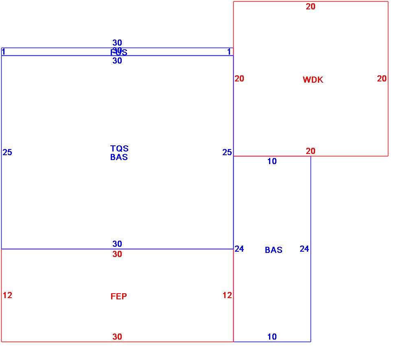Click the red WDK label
click(x=313, y=80)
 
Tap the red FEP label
click(x=118, y=296)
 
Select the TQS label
click(x=119, y=149)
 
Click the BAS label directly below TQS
click(x=119, y=157)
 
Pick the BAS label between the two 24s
click(x=274, y=250)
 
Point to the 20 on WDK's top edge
click(x=311, y=7)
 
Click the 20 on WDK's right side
click(x=381, y=79)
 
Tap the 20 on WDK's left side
click(x=239, y=79)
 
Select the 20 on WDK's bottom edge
click(x=311, y=151)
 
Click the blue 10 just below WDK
click(x=272, y=161)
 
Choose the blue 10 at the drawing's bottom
click(x=272, y=337)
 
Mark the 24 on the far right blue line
click(x=304, y=249)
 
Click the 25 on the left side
click(x=7, y=152)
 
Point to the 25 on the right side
click(x=227, y=152)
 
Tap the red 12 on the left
click(x=7, y=295)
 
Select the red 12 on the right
click(x=227, y=295)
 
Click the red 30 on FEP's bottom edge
click(x=117, y=337)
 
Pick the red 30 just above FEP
click(x=117, y=254)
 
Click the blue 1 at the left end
click(x=4, y=52)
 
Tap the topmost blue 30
click(x=117, y=43)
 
